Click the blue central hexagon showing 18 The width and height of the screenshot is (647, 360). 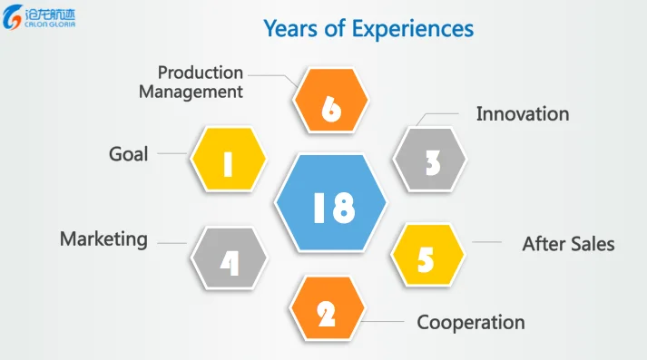[330, 202]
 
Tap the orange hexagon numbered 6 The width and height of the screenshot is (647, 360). [330, 101]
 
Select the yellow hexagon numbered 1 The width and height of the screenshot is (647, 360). [228, 160]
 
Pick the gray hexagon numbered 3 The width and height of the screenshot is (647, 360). [429, 160]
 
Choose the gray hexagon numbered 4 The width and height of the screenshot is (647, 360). [229, 258]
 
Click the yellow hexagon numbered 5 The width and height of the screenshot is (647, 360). [428, 255]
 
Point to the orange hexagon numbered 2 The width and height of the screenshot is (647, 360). [328, 308]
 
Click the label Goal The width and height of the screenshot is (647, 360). [128, 154]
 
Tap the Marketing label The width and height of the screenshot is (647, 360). [103, 239]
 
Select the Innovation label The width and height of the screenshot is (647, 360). [523, 114]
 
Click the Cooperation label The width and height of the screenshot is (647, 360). [471, 323]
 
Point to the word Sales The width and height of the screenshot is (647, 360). [592, 244]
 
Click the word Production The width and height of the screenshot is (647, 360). [201, 73]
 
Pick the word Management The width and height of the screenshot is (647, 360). [191, 92]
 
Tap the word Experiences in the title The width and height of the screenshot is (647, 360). [413, 29]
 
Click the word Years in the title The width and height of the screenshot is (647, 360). [291, 28]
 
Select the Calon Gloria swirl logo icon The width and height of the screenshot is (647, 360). [12, 17]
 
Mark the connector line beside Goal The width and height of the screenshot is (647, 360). [172, 153]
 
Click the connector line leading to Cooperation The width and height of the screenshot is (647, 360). [384, 321]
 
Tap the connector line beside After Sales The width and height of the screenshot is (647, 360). [486, 242]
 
